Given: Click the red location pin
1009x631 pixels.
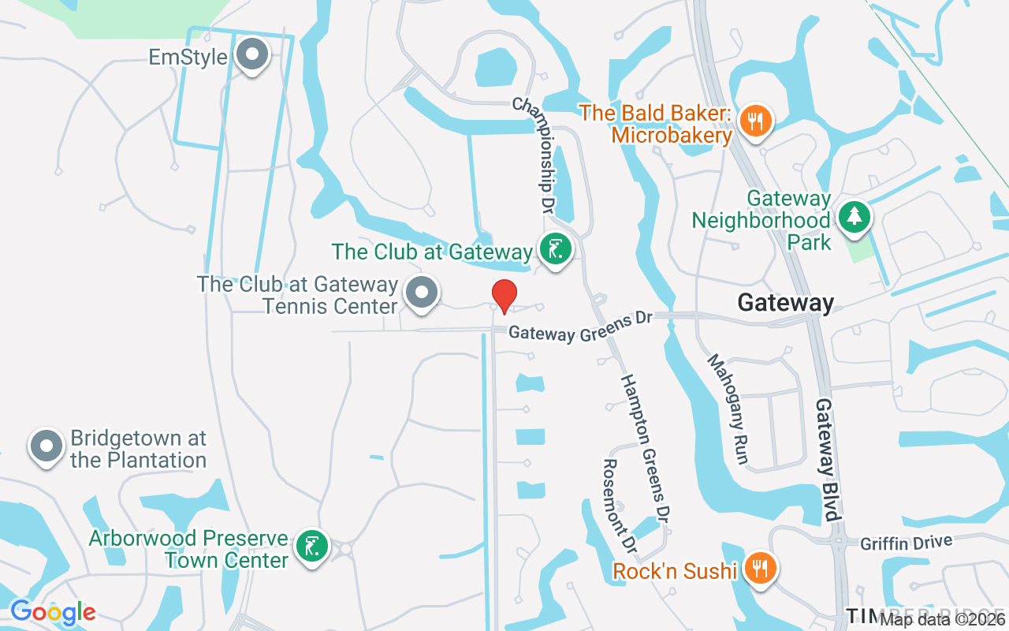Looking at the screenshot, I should point(504,296).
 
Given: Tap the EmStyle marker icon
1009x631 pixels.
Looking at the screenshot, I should point(253,55).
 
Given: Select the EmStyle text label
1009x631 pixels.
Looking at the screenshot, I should point(188,57).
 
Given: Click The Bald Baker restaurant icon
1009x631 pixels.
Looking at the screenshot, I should point(755,121).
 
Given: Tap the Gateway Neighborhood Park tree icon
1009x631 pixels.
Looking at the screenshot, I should point(853,215).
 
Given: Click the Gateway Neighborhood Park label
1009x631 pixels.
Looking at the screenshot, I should point(761,220).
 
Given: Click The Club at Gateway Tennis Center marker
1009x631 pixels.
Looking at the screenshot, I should point(421,293).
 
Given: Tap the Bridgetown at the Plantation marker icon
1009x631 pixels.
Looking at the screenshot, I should point(46,446).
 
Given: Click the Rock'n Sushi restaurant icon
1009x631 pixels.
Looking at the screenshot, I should point(759,568).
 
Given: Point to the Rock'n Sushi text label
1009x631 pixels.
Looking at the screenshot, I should point(675,570).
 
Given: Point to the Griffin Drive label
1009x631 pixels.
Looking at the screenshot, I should point(907,543).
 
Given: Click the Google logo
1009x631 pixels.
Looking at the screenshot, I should point(53,611).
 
